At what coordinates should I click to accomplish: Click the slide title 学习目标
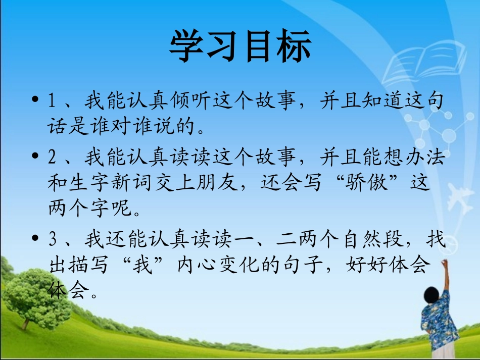pyautogui.click(x=240, y=46)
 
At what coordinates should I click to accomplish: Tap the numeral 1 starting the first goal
pyautogui.click(x=52, y=101)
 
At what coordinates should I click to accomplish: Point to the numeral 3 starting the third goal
pyautogui.click(x=52, y=239)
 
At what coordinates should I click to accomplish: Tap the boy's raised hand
pyautogui.click(x=444, y=264)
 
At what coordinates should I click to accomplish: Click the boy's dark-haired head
pyautogui.click(x=431, y=293)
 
